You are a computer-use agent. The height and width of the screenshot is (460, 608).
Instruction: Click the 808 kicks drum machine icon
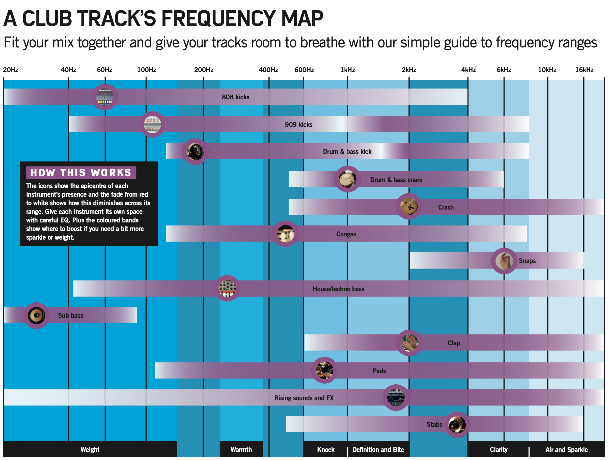click(105, 97)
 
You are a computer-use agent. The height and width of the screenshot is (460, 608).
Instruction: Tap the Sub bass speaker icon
click(37, 315)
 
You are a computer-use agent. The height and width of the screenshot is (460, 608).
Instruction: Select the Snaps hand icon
click(504, 261)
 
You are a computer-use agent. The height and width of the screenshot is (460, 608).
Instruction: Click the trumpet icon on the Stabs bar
click(457, 424)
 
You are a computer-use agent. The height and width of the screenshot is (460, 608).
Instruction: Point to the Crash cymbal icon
click(409, 206)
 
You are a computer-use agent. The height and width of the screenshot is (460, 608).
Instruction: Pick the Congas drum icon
click(286, 234)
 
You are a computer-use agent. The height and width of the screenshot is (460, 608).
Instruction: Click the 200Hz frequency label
click(204, 70)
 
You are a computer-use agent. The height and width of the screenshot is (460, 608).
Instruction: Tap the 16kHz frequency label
click(584, 70)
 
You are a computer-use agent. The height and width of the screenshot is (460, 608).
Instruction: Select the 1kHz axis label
click(347, 70)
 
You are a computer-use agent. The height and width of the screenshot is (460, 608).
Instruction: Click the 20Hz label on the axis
click(11, 70)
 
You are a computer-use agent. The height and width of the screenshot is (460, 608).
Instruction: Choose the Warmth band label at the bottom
click(241, 450)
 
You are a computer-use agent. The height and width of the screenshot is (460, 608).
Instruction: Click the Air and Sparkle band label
click(566, 450)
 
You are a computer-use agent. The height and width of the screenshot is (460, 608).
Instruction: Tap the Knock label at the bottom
click(326, 450)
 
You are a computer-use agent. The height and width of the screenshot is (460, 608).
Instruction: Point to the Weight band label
click(90, 450)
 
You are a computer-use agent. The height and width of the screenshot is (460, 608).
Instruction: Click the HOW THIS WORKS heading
click(81, 172)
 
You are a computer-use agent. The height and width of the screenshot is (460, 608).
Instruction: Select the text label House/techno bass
click(338, 289)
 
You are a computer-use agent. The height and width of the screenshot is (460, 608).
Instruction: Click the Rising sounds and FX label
click(304, 398)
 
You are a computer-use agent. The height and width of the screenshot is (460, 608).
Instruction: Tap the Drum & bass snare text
click(396, 180)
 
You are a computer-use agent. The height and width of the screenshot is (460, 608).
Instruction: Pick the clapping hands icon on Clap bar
click(409, 343)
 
